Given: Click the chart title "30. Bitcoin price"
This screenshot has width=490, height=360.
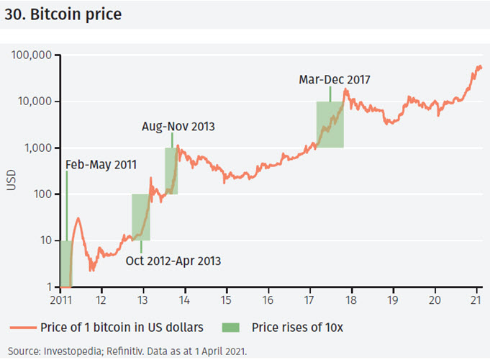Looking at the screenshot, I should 63,14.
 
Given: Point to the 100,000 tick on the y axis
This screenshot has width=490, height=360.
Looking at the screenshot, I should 32,55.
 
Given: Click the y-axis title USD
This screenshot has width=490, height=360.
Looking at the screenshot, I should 11,179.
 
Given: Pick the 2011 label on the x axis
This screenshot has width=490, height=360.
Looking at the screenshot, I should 60,300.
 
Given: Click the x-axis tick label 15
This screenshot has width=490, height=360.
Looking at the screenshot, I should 226,300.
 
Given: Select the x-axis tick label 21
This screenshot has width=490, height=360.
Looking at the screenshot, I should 476,300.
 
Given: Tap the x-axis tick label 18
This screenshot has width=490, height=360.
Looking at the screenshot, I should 351,300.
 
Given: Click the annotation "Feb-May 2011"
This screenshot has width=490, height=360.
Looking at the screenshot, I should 100,164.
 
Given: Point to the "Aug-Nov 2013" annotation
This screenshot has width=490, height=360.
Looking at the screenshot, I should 178,127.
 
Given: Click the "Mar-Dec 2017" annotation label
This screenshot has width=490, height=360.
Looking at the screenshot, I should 335,79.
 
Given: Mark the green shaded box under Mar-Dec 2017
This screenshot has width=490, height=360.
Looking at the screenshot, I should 330,125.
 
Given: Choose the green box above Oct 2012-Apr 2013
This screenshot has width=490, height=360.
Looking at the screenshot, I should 140,217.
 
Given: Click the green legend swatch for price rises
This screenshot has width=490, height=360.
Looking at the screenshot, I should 233,328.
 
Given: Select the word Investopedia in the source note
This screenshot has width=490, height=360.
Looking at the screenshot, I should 67,351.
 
